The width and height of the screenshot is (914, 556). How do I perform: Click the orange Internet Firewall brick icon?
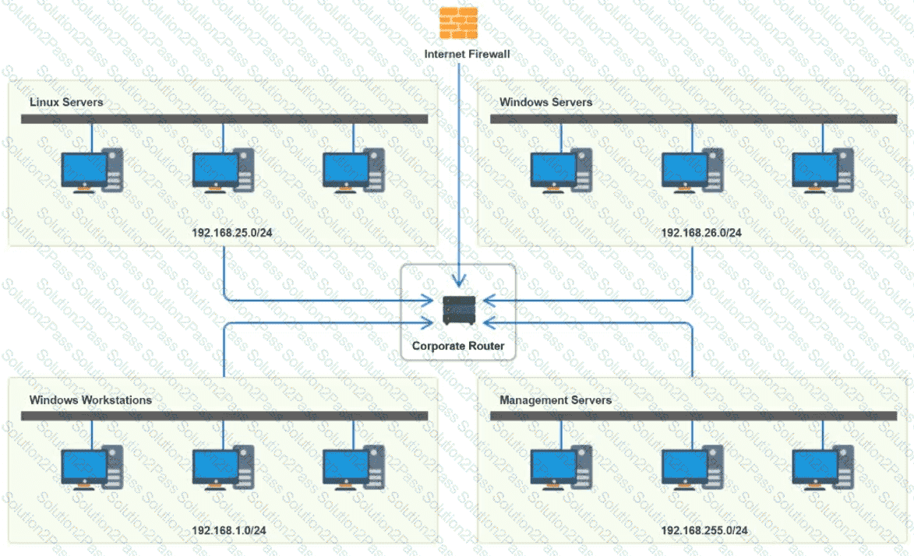pyautogui.click(x=458, y=23)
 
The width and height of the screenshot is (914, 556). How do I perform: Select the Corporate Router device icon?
pyautogui.click(x=458, y=310)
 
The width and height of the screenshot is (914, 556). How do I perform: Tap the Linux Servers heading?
pyautogui.click(x=66, y=102)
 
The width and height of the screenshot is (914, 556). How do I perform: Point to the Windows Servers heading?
pyautogui.click(x=545, y=102)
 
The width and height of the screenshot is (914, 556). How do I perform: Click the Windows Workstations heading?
pyautogui.click(x=90, y=400)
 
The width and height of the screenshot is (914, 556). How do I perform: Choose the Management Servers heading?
pyautogui.click(x=556, y=400)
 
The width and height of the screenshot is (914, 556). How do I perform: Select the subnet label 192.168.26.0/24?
pyautogui.click(x=701, y=233)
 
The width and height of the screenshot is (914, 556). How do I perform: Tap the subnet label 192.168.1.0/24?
pyautogui.click(x=229, y=530)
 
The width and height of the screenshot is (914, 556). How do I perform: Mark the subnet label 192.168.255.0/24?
pyautogui.click(x=704, y=530)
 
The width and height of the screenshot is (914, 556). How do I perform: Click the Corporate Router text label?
pyautogui.click(x=458, y=346)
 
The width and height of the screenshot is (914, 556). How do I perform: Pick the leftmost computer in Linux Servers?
pyautogui.click(x=91, y=171)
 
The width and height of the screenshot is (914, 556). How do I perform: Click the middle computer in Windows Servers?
pyautogui.click(x=691, y=171)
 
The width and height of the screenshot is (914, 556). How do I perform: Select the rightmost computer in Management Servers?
pyautogui.click(x=822, y=468)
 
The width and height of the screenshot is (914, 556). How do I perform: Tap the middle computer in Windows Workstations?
pyautogui.click(x=223, y=468)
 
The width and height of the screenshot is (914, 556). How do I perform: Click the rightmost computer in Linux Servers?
pyautogui.click(x=353, y=171)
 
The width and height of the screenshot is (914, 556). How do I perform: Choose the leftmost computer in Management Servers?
pyautogui.click(x=560, y=468)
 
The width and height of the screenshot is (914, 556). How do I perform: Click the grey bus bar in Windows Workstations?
pyautogui.click(x=224, y=417)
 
